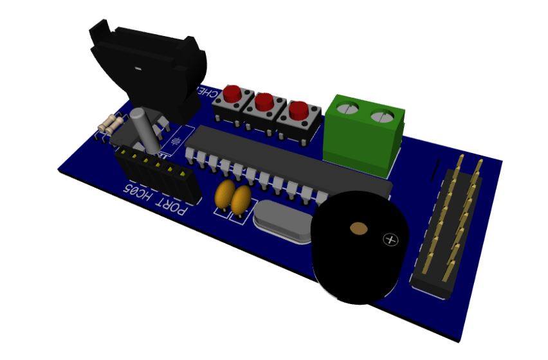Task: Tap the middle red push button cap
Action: pyautogui.click(x=264, y=102)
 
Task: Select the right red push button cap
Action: pyautogui.click(x=298, y=109)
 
